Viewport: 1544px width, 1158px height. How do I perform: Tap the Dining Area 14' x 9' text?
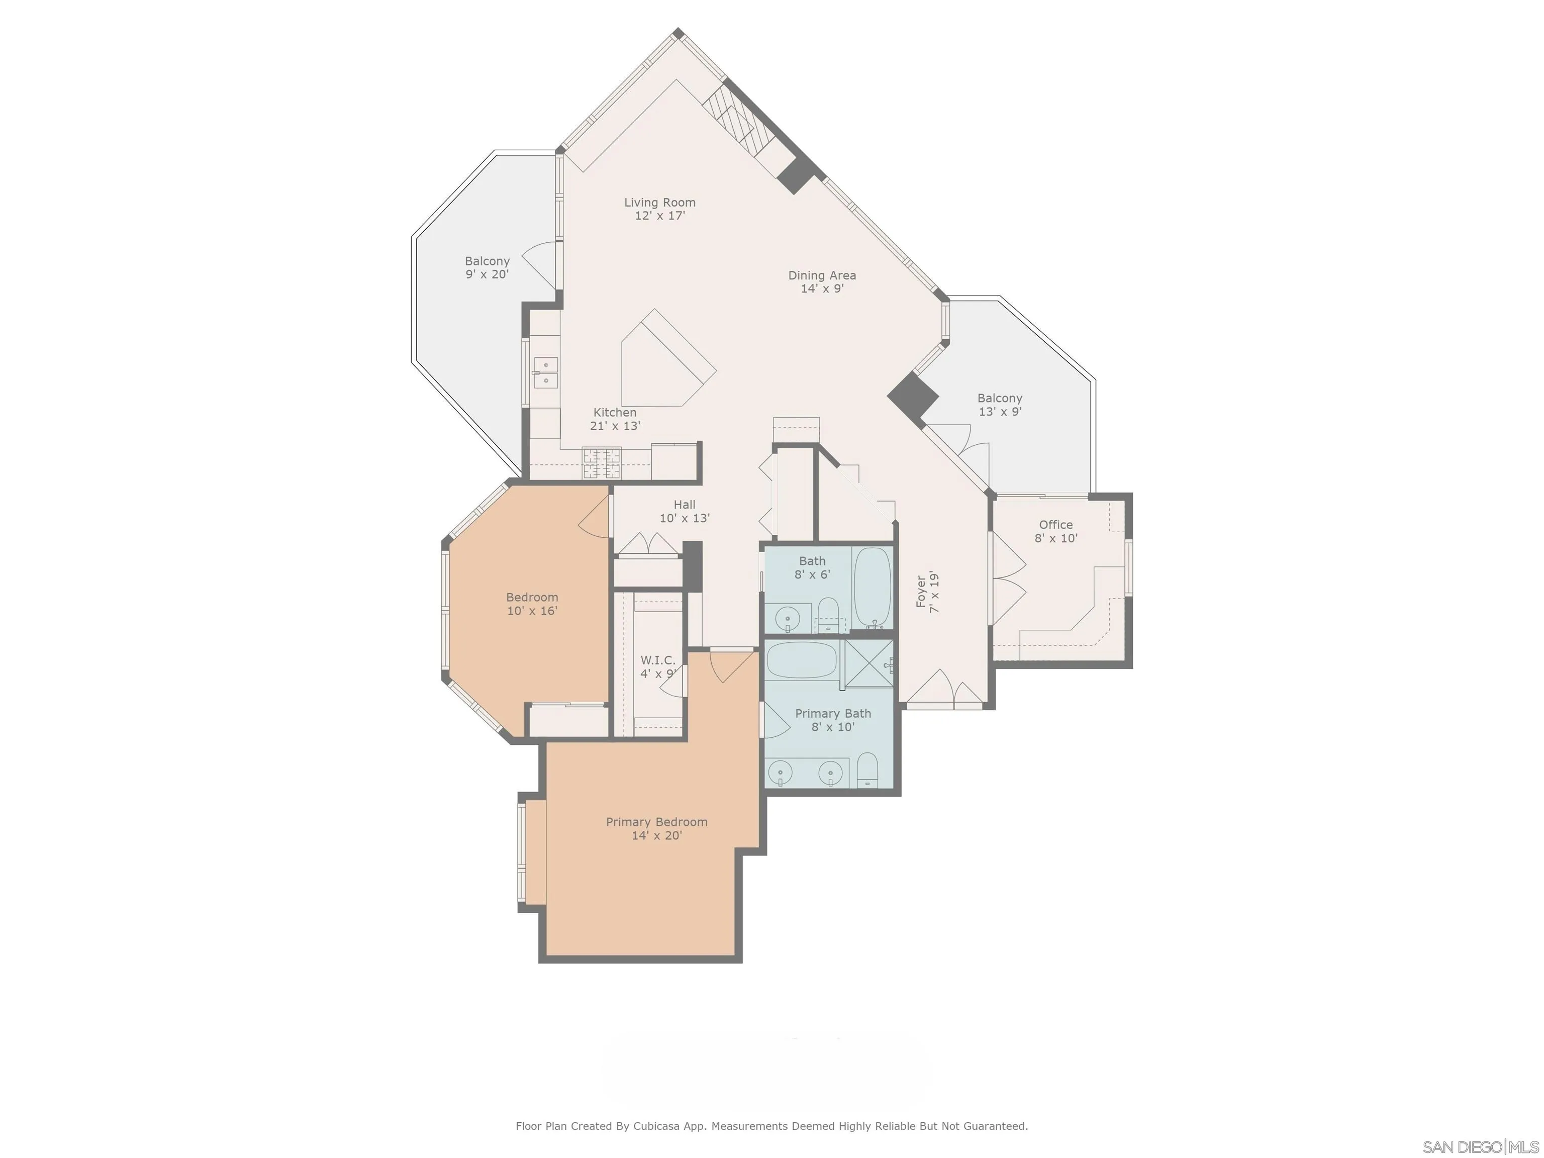822,282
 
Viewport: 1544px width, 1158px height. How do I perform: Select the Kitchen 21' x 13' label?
615,419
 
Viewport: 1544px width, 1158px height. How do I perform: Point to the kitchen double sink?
545,372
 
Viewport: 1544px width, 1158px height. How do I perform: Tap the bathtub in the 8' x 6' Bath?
873,588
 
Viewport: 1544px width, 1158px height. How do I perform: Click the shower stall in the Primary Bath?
869,663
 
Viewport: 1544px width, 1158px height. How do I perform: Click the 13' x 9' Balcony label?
1000,405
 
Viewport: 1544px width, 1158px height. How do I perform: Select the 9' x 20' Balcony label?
487,267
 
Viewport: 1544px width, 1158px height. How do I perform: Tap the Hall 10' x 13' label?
684,511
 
